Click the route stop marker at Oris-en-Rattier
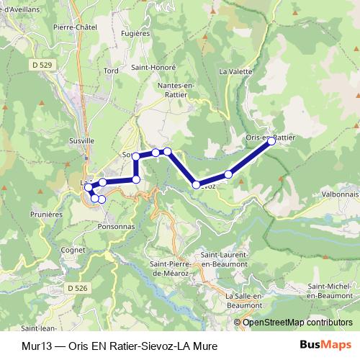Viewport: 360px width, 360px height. point(271,141)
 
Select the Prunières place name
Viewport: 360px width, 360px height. point(47,214)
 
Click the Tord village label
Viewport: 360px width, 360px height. point(111,71)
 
